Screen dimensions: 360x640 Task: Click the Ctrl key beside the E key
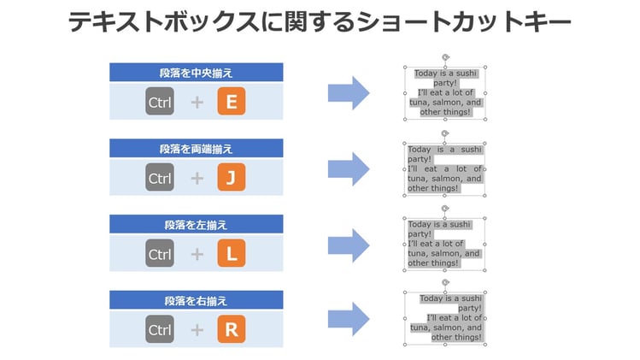(160, 102)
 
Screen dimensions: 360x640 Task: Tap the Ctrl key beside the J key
(160, 178)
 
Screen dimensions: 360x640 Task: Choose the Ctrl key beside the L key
(160, 254)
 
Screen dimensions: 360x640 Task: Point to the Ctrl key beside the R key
(160, 329)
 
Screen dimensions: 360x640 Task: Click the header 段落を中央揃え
(196, 73)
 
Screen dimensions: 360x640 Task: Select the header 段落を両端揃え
(196, 148)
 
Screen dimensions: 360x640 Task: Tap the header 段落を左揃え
(196, 224)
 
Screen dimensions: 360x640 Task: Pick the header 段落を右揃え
(196, 300)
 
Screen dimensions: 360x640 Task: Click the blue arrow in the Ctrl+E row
(349, 92)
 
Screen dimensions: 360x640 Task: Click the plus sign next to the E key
(197, 103)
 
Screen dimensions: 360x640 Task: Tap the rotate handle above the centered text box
(445, 56)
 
